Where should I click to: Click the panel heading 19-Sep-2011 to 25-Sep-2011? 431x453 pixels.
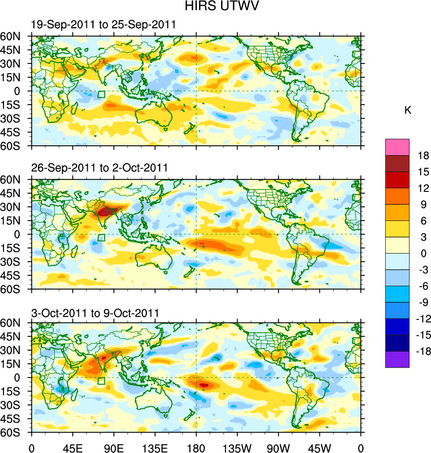point(103,25)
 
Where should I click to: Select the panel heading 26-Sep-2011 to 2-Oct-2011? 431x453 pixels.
point(99,168)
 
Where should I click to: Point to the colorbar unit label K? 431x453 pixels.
point(408,110)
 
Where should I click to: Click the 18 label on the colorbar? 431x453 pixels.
point(423,156)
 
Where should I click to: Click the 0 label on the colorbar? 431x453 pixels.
point(423,254)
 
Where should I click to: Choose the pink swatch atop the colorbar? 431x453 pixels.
point(397,147)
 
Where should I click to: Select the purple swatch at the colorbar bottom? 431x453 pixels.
point(397,359)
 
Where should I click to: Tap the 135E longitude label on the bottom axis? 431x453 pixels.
point(155,447)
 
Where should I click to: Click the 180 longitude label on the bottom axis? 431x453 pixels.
point(196,447)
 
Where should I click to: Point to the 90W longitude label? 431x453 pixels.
point(278,447)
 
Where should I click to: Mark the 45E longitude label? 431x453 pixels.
point(73,447)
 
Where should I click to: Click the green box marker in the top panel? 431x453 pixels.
point(102,94)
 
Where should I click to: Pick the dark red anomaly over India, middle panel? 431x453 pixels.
point(107,212)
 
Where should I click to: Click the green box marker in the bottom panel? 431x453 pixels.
point(102,381)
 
